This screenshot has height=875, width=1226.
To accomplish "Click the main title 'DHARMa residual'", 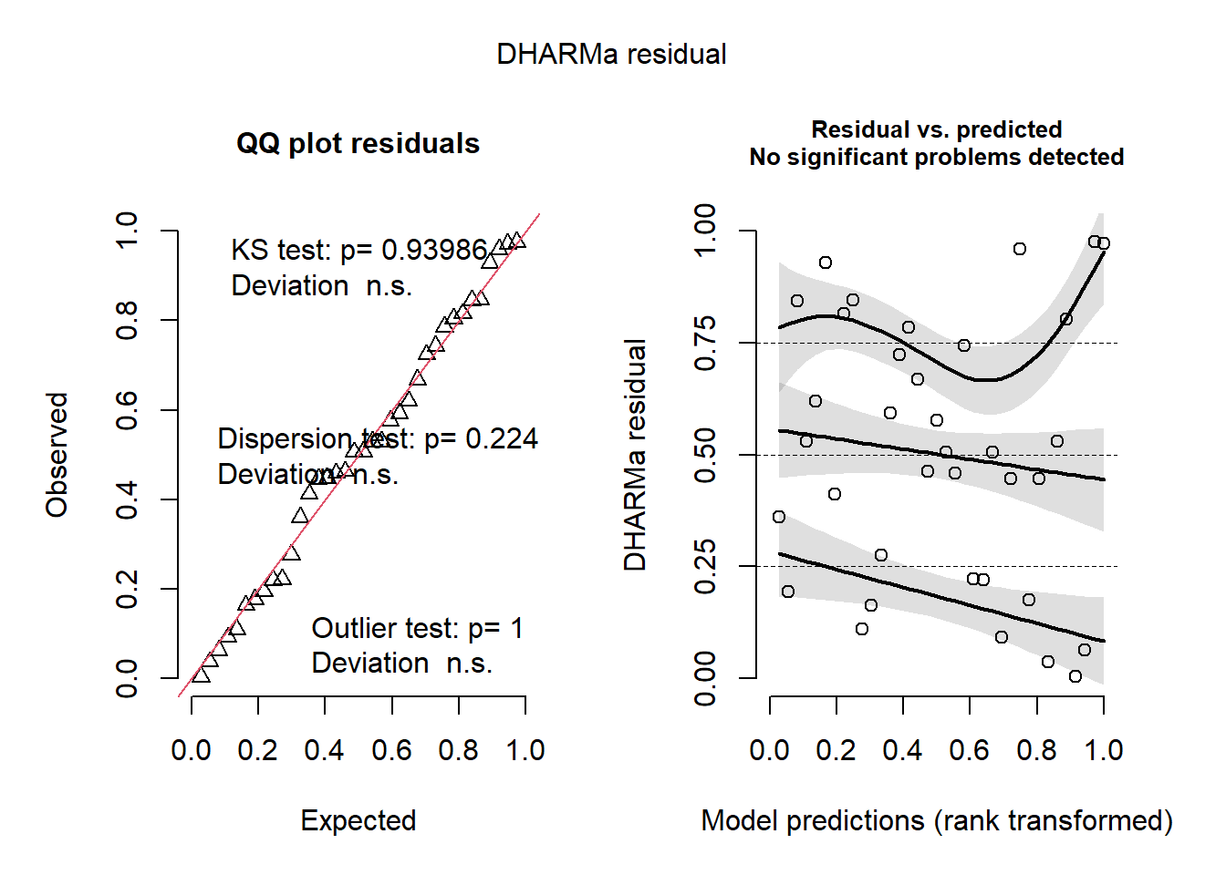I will click(x=611, y=55).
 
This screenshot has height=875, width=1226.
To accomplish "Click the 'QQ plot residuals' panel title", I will click(x=358, y=144).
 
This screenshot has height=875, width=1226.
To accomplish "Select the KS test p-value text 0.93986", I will click(x=434, y=250).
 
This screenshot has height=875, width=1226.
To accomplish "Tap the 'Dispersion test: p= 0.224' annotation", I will click(x=377, y=439).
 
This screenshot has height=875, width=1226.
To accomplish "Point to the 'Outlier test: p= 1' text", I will click(x=417, y=628).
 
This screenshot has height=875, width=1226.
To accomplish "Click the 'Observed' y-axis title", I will click(x=57, y=455).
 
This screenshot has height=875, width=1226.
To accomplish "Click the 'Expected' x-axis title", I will click(x=358, y=820).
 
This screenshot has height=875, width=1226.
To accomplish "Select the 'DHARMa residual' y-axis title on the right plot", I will click(x=635, y=455).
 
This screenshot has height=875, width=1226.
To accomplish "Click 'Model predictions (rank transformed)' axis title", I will click(x=936, y=820).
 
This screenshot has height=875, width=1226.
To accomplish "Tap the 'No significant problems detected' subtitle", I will click(x=936, y=158).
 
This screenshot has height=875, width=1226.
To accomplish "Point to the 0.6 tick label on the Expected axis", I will click(x=391, y=750).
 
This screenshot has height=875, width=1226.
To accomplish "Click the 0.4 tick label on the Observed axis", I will click(x=127, y=499).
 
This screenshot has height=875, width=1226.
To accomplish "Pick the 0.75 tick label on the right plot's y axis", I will click(x=705, y=344).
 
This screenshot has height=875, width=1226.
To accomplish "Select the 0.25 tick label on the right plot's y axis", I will click(x=705, y=567).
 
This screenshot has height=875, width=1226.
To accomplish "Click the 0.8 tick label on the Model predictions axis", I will click(x=1036, y=750).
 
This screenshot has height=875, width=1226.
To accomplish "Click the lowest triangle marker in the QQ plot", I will click(x=201, y=675).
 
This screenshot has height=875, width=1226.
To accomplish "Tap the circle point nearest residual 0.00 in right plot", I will click(x=1075, y=676).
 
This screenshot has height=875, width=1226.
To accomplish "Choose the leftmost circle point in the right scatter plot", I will click(x=778, y=517).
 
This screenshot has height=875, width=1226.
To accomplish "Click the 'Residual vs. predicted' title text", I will click(x=936, y=129).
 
